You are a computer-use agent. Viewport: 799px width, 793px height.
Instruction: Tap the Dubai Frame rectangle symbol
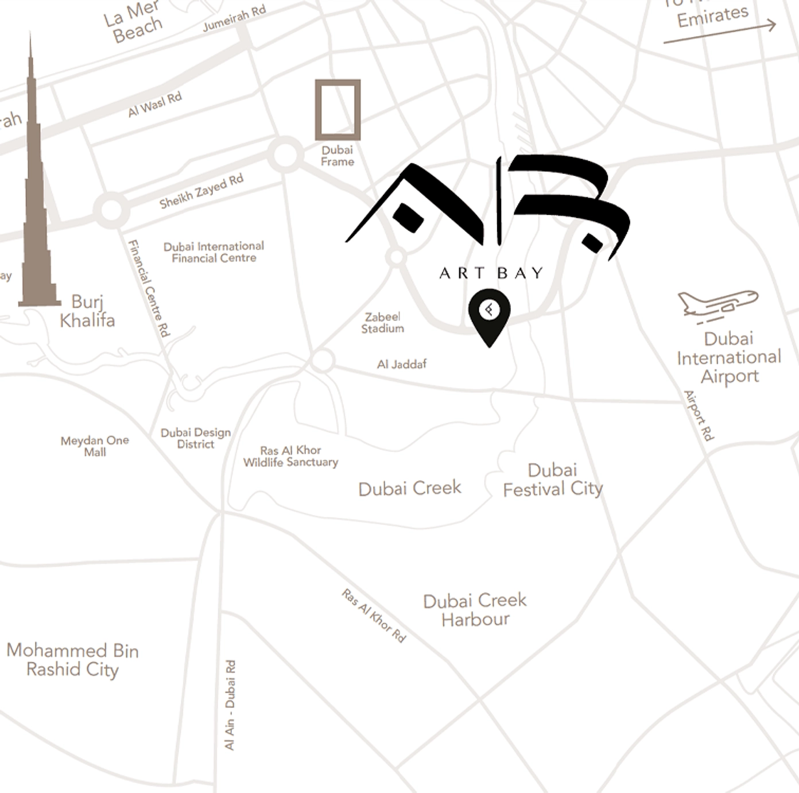coord(338,110)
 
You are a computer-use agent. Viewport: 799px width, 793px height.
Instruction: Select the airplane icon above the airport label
coord(717,303)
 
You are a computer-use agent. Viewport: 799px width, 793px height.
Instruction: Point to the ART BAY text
coord(491,273)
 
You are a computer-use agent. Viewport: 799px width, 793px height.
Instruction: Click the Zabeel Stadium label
coord(382,323)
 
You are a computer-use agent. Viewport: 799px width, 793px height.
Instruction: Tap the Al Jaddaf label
coord(402,364)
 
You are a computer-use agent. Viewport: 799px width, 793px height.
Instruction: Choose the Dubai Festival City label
coord(553,479)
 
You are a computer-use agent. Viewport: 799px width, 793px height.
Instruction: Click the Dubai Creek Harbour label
coord(475,610)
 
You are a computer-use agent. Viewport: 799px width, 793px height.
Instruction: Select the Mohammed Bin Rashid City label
coord(72,660)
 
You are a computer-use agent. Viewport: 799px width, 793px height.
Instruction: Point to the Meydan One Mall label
coord(95,446)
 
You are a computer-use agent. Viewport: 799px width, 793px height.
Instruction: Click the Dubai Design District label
coord(196,438)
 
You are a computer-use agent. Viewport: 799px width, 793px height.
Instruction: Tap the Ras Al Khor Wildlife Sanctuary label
coord(290,456)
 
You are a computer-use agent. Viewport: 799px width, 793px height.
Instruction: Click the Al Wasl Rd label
coord(155,105)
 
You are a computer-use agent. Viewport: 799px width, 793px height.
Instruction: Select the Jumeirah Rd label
coord(234,19)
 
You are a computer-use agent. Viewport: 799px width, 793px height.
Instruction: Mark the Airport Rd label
coord(699,415)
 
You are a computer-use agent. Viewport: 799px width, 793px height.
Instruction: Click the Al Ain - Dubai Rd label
coord(230,705)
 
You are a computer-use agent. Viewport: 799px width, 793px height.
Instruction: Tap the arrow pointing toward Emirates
coord(720,33)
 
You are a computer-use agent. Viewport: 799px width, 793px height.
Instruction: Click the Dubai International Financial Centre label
coord(214,252)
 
